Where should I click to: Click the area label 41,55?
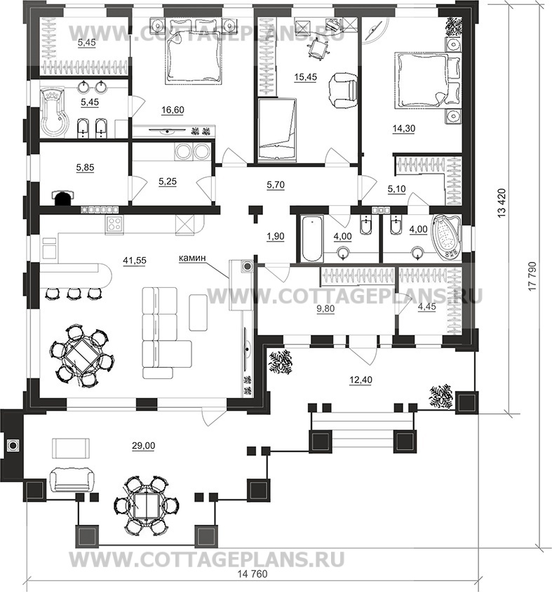[135, 260]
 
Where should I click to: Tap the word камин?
[192, 258]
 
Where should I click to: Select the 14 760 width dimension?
[253, 584]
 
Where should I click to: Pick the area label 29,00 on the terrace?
[143, 446]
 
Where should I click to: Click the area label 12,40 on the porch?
[361, 380]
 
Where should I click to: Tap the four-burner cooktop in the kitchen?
[114, 225]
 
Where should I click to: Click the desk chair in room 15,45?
[317, 49]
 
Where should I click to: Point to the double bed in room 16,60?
[193, 56]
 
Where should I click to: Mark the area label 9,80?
[325, 309]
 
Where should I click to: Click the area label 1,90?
[275, 236]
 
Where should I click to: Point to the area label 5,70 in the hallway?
[276, 185]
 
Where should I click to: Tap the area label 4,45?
[426, 307]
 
